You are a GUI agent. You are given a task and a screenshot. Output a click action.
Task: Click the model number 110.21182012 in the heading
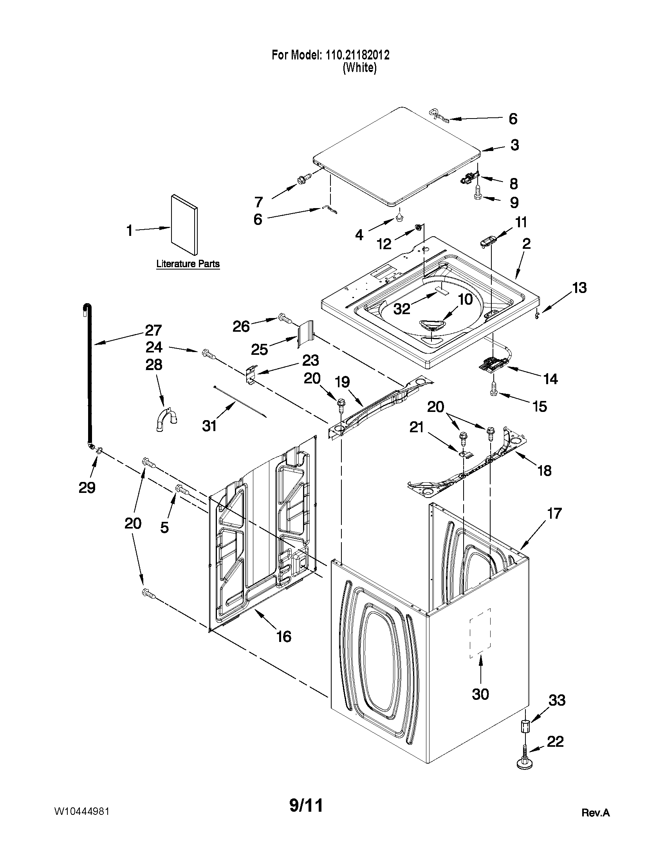[x=357, y=55]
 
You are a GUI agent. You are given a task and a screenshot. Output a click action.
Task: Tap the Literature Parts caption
[x=188, y=264]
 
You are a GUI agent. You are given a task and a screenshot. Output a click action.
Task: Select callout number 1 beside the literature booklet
[x=130, y=230]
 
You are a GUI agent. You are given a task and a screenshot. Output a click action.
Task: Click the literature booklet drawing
[x=184, y=224]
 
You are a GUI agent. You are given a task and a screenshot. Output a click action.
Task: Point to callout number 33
[x=557, y=700]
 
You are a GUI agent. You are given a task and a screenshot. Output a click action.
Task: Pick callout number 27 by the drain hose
[x=153, y=330]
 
